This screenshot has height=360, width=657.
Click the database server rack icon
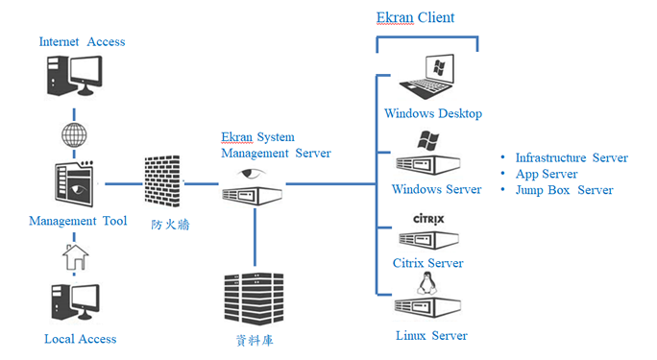pyautogui.click(x=252, y=300)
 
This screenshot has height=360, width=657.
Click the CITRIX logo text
pyautogui.click(x=428, y=219)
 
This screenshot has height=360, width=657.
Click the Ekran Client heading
pyautogui.click(x=415, y=17)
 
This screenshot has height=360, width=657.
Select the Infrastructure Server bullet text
pyautogui.click(x=571, y=158)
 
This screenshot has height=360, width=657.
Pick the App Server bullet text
pyautogui.click(x=546, y=175)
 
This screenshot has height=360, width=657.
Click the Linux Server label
pyautogui.click(x=431, y=336)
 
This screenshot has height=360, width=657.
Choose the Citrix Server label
pyautogui.click(x=427, y=263)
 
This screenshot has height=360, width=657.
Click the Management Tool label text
pyautogui.click(x=78, y=222)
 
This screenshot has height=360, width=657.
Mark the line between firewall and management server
pyautogui.click(x=201, y=183)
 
